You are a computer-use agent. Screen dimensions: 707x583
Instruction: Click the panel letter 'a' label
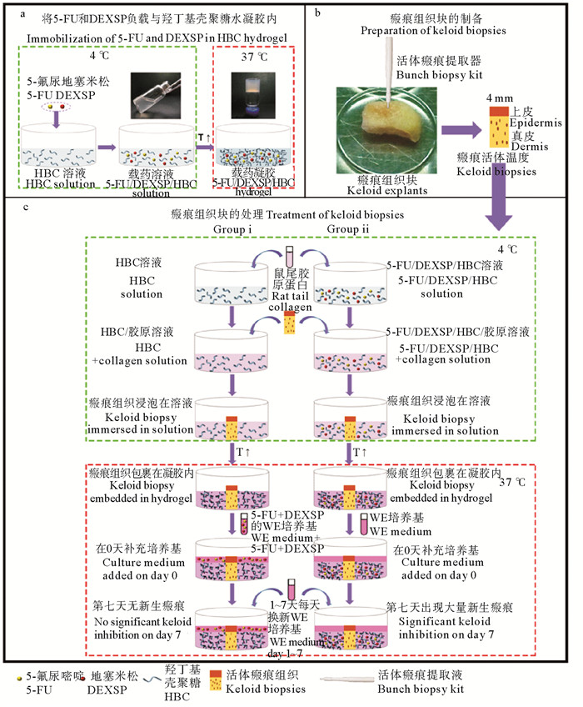[x=10, y=12]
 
